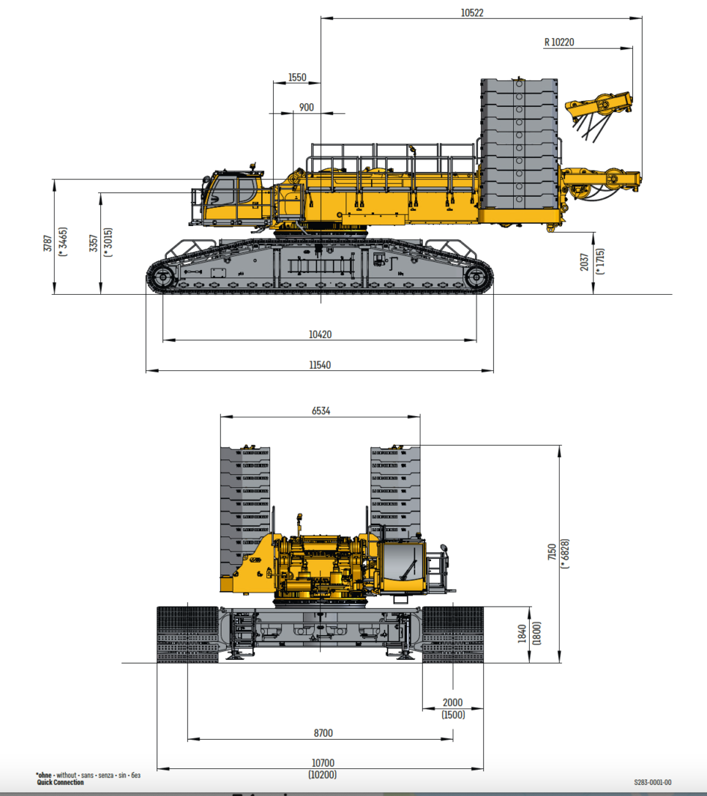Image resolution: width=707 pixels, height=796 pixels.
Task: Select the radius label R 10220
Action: coord(559,43)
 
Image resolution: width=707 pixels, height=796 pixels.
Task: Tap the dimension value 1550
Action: coord(297,78)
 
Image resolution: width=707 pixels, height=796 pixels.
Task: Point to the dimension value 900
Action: coord(307,108)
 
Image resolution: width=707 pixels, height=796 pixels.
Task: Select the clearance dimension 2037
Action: coord(584,262)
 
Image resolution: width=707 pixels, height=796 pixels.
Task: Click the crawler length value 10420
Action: coord(320,334)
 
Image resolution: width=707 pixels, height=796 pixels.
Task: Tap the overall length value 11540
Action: coord(320,364)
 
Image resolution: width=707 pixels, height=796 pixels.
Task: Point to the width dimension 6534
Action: coord(320,411)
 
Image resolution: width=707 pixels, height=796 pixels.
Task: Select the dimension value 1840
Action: coord(521,634)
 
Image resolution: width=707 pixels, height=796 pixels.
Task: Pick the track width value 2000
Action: coord(453,702)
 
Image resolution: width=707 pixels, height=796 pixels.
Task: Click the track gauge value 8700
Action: coord(323,733)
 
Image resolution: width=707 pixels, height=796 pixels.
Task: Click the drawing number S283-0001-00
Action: coord(652,782)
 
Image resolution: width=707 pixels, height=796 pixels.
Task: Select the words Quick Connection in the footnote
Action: coord(61,783)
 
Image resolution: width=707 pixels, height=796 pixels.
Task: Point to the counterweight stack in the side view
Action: coord(518,142)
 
